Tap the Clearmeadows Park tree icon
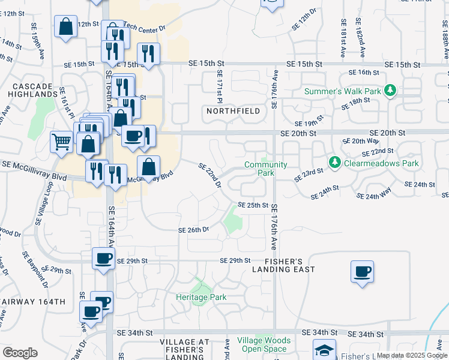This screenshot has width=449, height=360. coord(334,163)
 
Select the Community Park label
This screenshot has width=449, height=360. coord(266,169)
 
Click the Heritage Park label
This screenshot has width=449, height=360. coord(201,297)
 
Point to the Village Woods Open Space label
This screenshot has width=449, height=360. coord(264,344)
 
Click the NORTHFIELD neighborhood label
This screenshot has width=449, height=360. coord(234,111)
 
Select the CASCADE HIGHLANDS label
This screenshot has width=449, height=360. coord(34,90)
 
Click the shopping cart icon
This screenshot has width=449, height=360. coord(62,142)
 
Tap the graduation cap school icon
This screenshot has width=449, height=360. coord(324,350)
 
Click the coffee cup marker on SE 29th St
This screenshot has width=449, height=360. coord(103,259)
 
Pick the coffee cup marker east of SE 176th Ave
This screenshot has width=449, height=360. coord(362,271)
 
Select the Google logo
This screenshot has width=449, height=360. coord(20,353)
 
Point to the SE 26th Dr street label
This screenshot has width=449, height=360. coord(193,230)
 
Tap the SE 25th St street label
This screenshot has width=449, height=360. coord(253,205)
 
